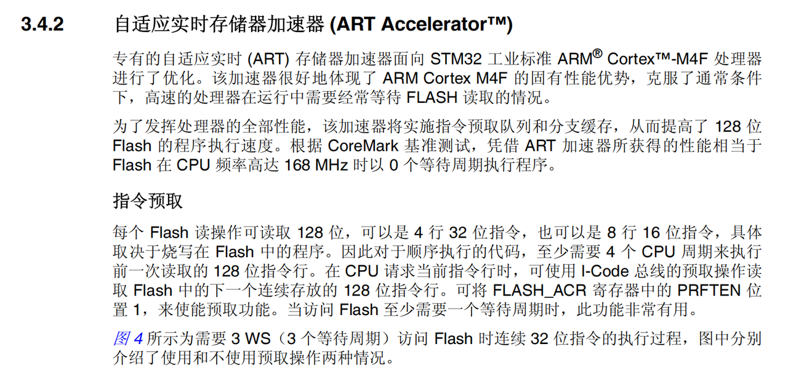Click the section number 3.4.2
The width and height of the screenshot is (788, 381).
point(42,25)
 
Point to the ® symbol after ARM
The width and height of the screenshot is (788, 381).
point(597,55)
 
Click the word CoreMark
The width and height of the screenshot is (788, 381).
point(363,146)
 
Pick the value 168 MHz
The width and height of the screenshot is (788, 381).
point(317,166)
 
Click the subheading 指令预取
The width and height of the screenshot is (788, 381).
point(148,201)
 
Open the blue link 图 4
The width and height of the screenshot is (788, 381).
point(128,339)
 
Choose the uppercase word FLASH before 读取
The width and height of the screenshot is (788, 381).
point(432,98)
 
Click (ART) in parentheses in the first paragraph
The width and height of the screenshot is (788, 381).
point(268,60)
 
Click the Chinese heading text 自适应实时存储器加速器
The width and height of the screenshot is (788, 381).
point(219,25)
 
